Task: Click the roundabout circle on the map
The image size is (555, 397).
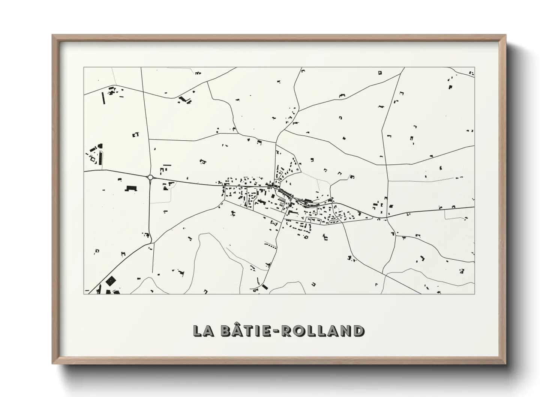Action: click(x=150, y=177)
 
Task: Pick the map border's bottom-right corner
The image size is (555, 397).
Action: click(x=475, y=294)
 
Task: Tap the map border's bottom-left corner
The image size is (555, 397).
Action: click(x=84, y=294)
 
